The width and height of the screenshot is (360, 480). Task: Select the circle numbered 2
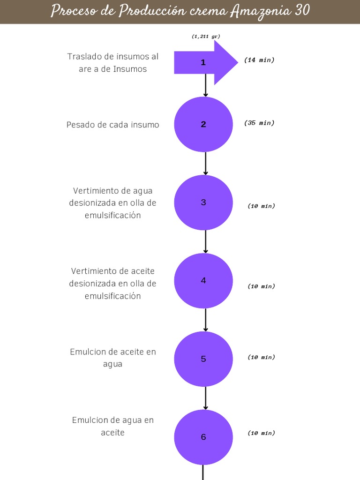coord(203,124)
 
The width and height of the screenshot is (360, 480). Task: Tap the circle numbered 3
coord(203,202)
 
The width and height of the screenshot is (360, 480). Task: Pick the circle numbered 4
coord(203,281)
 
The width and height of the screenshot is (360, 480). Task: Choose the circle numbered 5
coord(203,359)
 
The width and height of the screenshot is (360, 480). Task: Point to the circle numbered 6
coord(203,437)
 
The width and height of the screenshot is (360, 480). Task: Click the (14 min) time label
coord(259,60)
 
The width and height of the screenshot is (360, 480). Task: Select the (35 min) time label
coord(259,123)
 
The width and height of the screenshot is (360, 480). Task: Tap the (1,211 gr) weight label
coord(206,36)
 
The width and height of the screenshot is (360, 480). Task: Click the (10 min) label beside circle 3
coord(261,206)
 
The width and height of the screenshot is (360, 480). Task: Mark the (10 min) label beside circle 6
coord(261,433)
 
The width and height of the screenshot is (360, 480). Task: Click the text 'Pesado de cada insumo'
coord(112,125)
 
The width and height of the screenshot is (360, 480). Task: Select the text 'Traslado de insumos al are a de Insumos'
coord(113,63)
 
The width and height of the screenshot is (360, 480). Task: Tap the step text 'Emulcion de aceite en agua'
coord(113,358)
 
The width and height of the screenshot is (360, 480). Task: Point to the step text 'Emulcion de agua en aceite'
coord(113,426)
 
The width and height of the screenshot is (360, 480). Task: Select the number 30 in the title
coord(302,10)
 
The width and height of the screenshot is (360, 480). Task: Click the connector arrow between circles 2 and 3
coord(206,164)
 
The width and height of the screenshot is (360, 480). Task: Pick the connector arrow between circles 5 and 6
coord(206,398)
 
